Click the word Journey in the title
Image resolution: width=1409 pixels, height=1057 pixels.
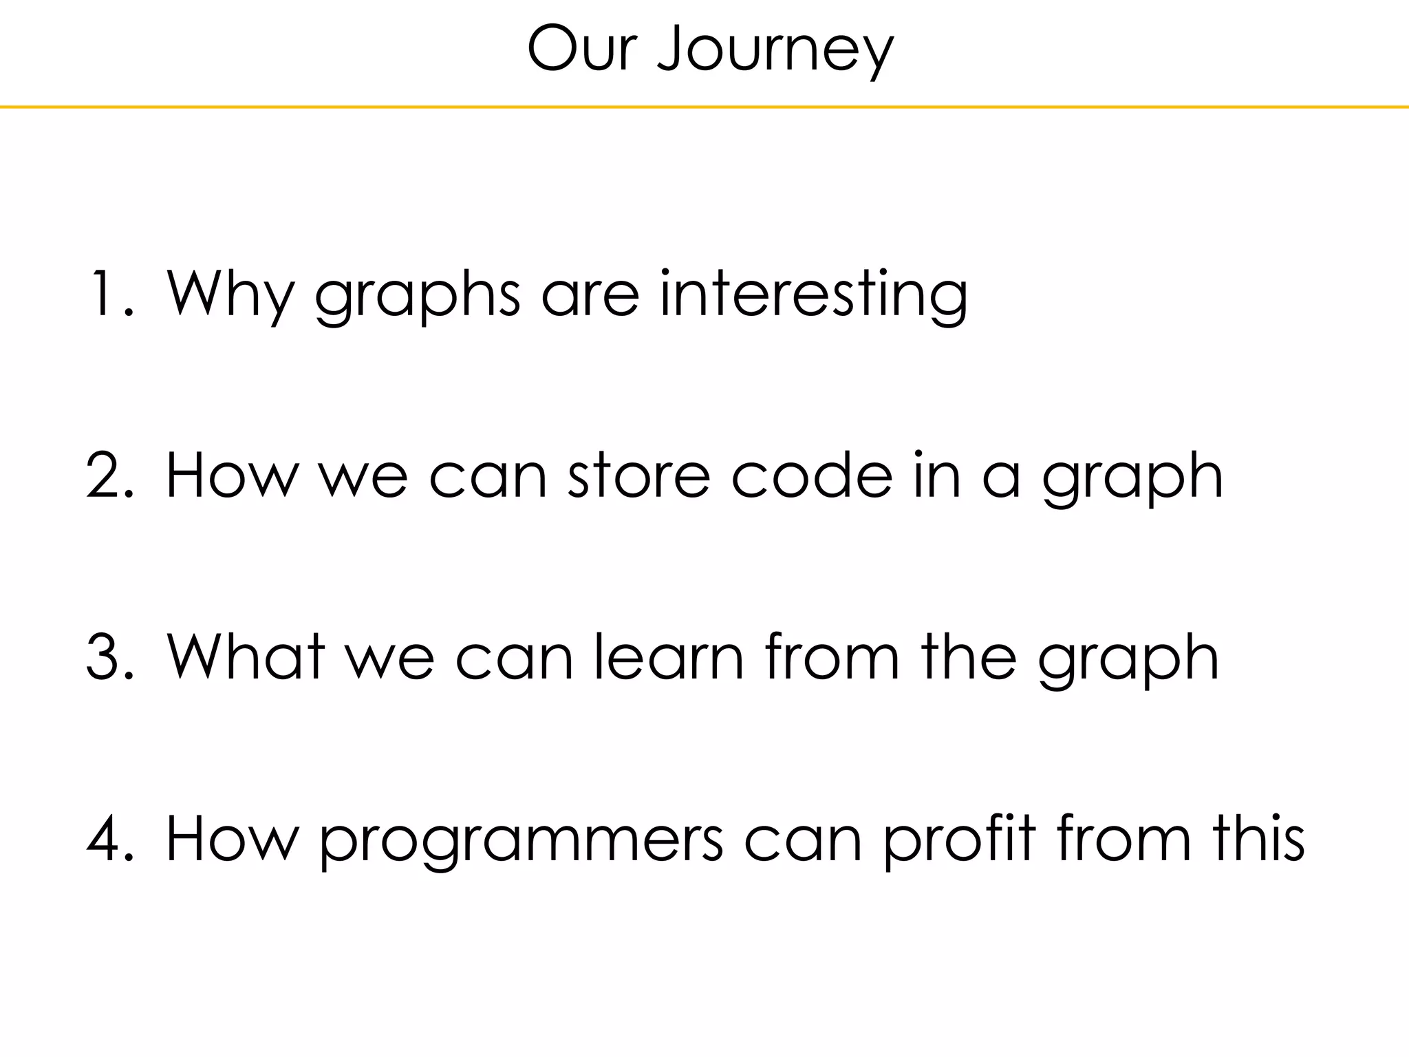(x=775, y=50)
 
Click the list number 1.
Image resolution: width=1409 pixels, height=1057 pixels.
(x=109, y=295)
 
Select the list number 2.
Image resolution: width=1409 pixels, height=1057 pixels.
(x=109, y=476)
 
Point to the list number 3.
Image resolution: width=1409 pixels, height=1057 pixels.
(x=109, y=658)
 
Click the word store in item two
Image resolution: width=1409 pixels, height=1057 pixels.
(x=639, y=476)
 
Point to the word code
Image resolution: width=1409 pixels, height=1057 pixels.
(x=812, y=476)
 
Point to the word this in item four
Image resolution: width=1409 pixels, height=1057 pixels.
(x=1258, y=838)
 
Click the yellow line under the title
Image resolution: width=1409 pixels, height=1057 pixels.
(x=704, y=107)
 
